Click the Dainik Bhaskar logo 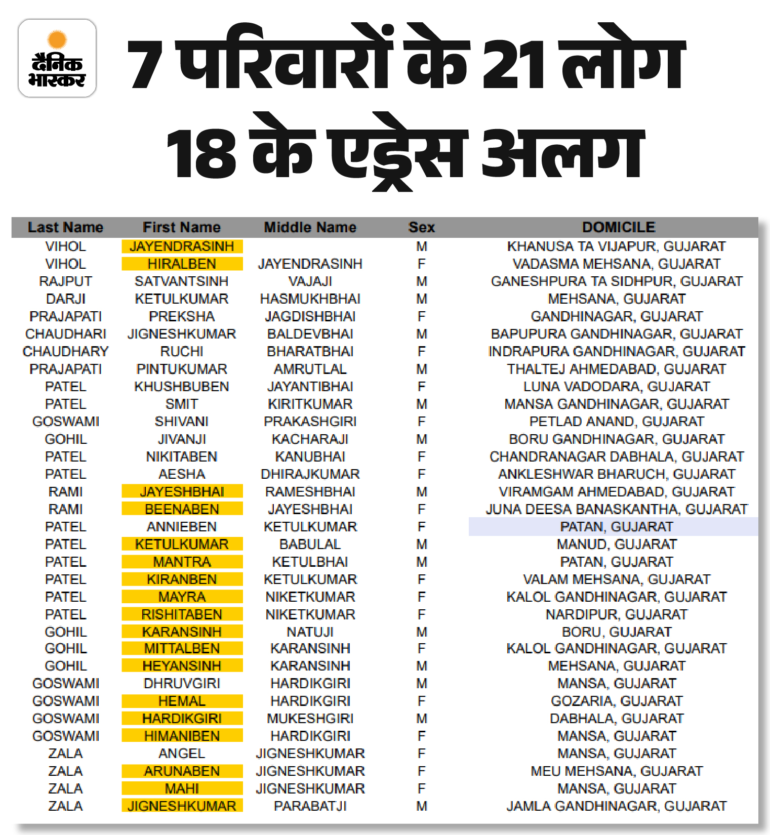(x=57, y=58)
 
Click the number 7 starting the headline (x=146, y=64)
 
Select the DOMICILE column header (x=619, y=227)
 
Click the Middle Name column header (x=310, y=227)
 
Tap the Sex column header (x=421, y=227)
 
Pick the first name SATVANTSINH (x=182, y=281)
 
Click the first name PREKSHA (x=182, y=316)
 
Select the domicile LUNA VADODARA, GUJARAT (x=617, y=387)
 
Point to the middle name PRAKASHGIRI (x=310, y=422)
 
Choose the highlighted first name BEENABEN (x=182, y=509)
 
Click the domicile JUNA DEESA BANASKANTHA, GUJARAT (x=617, y=509)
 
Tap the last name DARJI (x=66, y=299)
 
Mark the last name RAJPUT (x=66, y=281)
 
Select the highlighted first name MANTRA (x=182, y=562)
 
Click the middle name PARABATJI (x=310, y=806)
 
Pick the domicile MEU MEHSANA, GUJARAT (x=617, y=771)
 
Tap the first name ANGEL (x=182, y=754)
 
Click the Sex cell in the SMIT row (x=421, y=404)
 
